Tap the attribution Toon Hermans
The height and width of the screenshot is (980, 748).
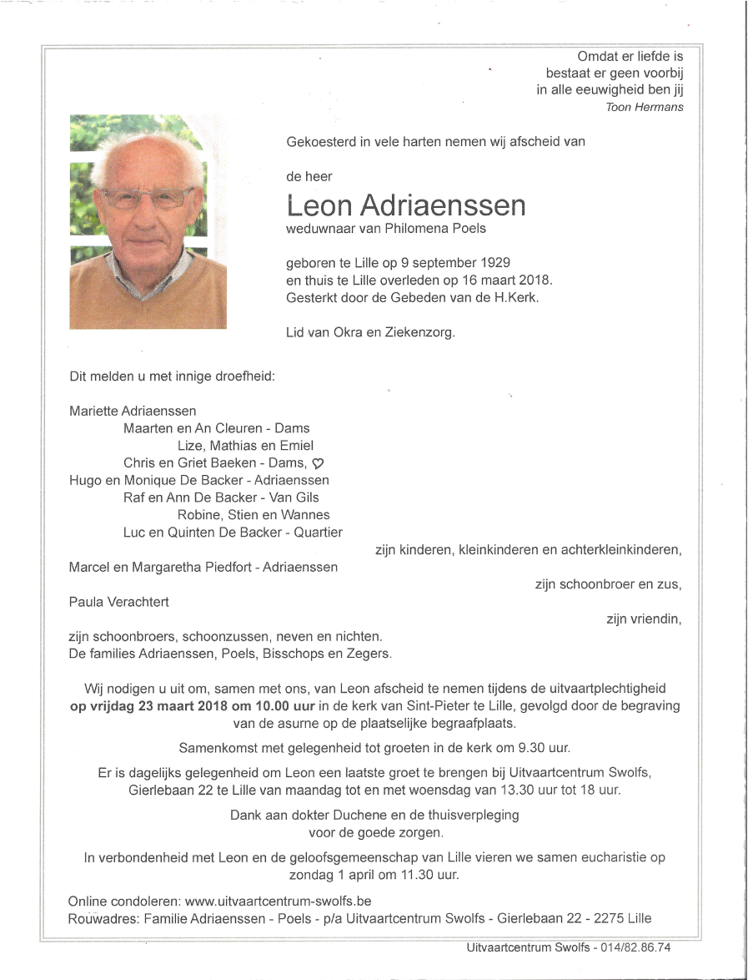click(x=645, y=107)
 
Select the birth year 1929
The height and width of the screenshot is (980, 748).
click(x=494, y=262)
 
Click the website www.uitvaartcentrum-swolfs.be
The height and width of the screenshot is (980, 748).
click(x=278, y=902)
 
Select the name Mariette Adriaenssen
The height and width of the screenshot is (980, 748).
click(x=133, y=411)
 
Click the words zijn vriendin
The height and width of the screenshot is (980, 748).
click(x=644, y=619)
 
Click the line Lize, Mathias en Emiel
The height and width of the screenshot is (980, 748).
click(x=246, y=446)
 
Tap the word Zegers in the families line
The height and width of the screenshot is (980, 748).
click(x=369, y=654)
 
